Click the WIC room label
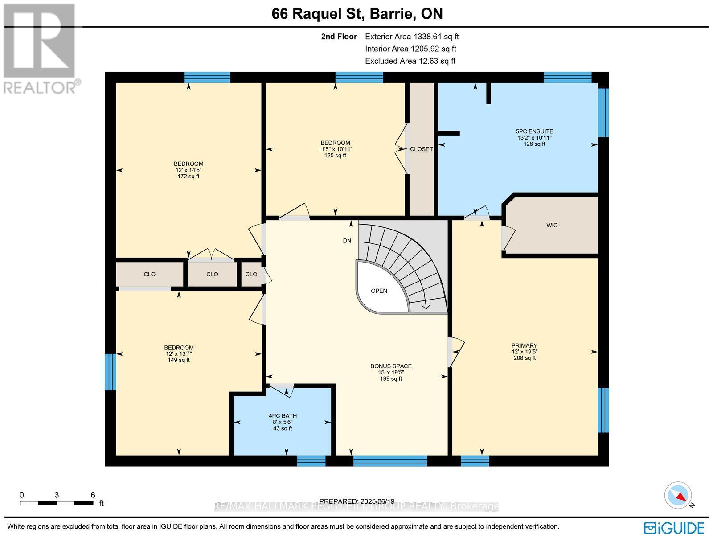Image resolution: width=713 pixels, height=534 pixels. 552,226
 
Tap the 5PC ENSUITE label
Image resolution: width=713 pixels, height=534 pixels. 534,131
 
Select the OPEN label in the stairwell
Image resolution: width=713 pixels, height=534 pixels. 379,291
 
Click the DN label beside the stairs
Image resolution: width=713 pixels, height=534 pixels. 347,241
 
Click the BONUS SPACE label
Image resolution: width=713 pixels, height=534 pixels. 391,366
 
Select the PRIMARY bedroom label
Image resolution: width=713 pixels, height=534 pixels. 524,345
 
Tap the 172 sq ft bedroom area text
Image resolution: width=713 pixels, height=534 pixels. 188,177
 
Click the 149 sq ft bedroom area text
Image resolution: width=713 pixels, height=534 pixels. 179,360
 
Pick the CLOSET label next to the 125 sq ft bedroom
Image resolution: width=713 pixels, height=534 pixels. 421,149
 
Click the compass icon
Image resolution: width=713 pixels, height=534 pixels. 678,495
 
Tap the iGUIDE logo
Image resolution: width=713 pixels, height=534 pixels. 674,527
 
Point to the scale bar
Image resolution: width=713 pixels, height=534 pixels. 57,503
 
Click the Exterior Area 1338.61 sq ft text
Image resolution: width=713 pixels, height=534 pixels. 411,37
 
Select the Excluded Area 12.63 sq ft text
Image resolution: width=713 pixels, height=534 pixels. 410,61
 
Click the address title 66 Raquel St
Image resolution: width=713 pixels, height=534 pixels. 357,14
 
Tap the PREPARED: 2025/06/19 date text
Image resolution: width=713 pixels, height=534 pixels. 357,501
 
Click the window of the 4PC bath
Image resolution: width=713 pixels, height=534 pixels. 311,460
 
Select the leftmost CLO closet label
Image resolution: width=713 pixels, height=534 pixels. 149,274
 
